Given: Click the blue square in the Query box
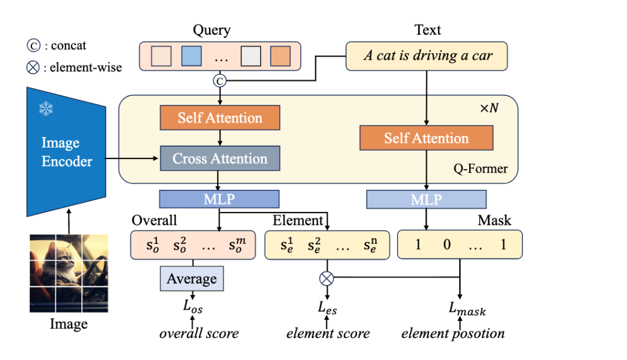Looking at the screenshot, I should click(x=191, y=56).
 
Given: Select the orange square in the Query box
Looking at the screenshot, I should click(x=280, y=56).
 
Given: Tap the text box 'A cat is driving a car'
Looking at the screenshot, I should click(x=427, y=56).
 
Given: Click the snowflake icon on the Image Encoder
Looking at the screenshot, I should click(x=46, y=109).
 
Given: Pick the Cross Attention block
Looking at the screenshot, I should click(x=220, y=159).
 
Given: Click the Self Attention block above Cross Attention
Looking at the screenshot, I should click(x=220, y=118).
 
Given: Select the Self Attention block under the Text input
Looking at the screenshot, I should click(x=426, y=138).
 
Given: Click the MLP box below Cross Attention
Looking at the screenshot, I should click(x=219, y=199).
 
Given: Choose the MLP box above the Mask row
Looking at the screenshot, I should click(x=426, y=199).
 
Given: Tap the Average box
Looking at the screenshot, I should click(x=192, y=279).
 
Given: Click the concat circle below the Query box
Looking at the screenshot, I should click(x=220, y=82).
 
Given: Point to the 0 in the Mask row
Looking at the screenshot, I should click(x=447, y=244).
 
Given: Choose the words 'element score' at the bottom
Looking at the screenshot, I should click(x=328, y=333).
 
